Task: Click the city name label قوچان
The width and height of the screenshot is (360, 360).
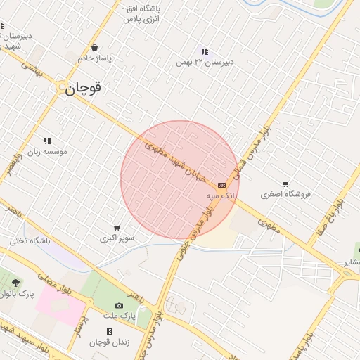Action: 84,89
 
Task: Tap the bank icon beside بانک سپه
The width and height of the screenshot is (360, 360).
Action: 222,184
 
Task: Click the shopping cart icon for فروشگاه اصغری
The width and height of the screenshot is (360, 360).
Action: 285,184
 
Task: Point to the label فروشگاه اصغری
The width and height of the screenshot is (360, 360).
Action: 285,194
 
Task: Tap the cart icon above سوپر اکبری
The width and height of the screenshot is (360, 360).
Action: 116,228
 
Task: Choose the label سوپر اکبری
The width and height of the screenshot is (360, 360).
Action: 117,238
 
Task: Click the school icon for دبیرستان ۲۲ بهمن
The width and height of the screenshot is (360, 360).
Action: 205,51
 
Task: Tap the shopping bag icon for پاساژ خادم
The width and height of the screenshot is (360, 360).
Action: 94,49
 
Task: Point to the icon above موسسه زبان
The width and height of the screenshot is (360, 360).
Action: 47,141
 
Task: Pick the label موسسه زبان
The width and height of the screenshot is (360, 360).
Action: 47,151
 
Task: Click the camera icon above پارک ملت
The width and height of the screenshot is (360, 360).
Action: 119,306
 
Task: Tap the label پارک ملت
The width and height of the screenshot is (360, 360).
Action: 119,316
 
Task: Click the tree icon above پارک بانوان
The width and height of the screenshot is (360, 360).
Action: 15,283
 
